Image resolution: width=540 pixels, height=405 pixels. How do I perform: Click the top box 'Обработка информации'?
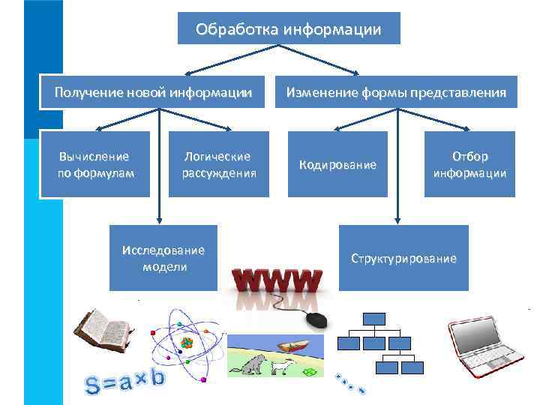tap(289, 29)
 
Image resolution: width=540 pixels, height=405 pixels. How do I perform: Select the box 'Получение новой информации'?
tap(153, 93)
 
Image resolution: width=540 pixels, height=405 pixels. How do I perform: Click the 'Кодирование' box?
tap(337, 164)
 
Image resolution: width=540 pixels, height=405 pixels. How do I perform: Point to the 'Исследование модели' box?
tap(163, 258)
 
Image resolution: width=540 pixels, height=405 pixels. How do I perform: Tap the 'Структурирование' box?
tap(403, 258)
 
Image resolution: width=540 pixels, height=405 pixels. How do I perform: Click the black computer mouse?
tap(316, 320)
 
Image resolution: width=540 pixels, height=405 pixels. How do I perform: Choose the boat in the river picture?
tap(292, 346)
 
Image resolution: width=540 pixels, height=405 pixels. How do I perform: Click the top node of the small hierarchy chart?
tap(374, 318)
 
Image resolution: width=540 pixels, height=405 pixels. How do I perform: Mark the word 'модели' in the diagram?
tap(163, 266)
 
